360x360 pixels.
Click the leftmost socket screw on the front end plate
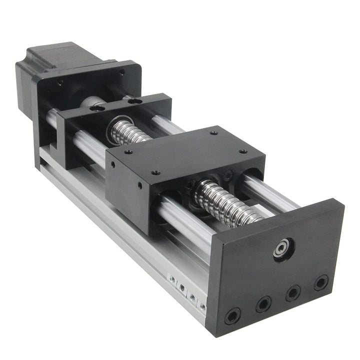pyautogui.click(x=232, y=315)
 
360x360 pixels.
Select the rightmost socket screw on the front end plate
pyautogui.click(x=320, y=282)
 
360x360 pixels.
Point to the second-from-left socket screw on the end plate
pyautogui.click(x=263, y=304)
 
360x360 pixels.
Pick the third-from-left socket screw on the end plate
pyautogui.click(x=293, y=293)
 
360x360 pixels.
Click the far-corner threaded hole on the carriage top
pyautogui.click(x=213, y=133)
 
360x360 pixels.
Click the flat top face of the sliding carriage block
pyautogui.click(x=185, y=150)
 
